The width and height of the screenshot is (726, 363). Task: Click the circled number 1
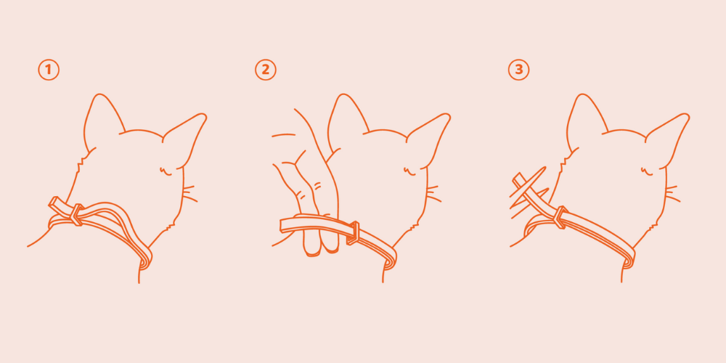pyautogui.click(x=49, y=70)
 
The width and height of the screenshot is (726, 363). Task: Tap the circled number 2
pyautogui.click(x=265, y=70)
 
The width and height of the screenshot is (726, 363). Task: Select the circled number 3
pyautogui.click(x=518, y=70)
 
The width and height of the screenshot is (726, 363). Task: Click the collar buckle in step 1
pyautogui.click(x=76, y=214)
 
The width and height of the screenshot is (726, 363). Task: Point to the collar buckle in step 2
pyautogui.click(x=354, y=233)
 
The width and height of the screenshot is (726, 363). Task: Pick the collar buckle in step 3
pyautogui.click(x=560, y=216)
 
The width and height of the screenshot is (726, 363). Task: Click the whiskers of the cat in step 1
pyautogui.click(x=190, y=194)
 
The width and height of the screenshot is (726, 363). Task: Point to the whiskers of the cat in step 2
pyautogui.click(x=434, y=194)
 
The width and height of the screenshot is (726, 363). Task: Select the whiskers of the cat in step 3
pyautogui.click(x=673, y=194)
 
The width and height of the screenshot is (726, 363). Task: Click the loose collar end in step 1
pyautogui.click(x=59, y=205)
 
